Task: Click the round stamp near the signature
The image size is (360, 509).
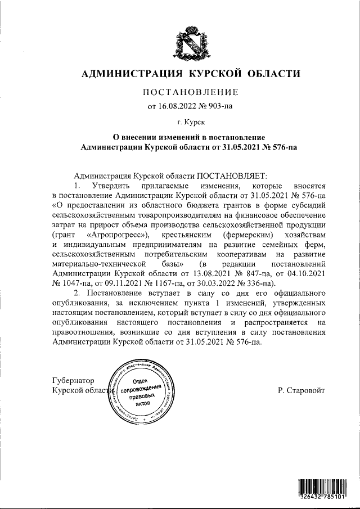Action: click(x=145, y=392)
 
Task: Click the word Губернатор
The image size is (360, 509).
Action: click(x=73, y=380)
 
